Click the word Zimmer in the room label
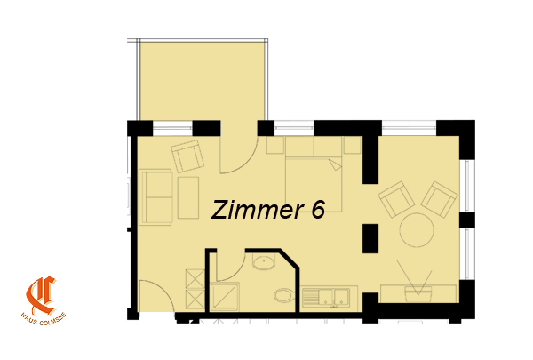point(258,210)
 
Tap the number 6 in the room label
point(318,209)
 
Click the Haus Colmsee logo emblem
point(41,296)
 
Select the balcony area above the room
point(203,81)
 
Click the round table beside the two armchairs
point(417,229)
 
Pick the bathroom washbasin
point(264,262)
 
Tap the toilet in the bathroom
point(285,295)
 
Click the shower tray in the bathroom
point(225,297)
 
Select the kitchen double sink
point(326,297)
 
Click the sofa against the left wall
point(155,197)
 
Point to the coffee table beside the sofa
point(188,197)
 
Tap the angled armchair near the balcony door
point(187,156)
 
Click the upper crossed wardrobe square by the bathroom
point(195,279)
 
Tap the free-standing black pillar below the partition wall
point(370,238)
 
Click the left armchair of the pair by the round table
point(396,199)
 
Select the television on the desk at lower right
point(418,293)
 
